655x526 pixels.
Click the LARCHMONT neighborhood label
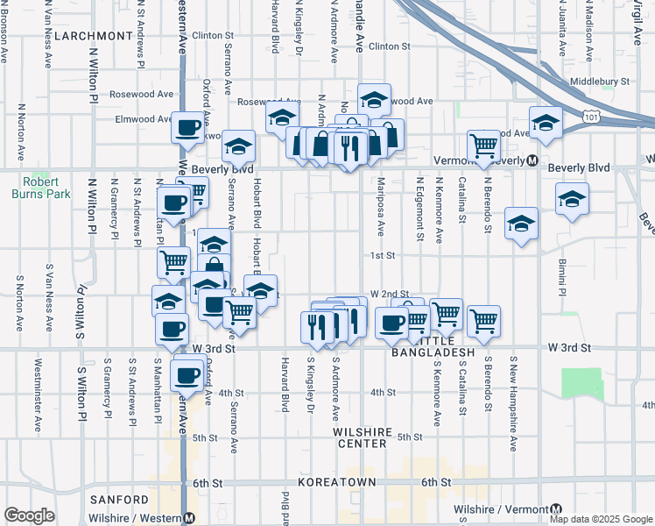[x=92, y=36]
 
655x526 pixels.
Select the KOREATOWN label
[x=336, y=483]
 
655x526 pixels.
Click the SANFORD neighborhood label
[x=119, y=499]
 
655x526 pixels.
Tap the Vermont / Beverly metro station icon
[x=532, y=160]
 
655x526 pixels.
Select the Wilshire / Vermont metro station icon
[x=555, y=509]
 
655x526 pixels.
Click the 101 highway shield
[x=590, y=115]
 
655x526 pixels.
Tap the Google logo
[x=30, y=515]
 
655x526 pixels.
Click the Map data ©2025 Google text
[x=600, y=519]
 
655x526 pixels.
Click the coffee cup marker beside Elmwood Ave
[x=187, y=127]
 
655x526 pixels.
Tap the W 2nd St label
[x=389, y=295]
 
